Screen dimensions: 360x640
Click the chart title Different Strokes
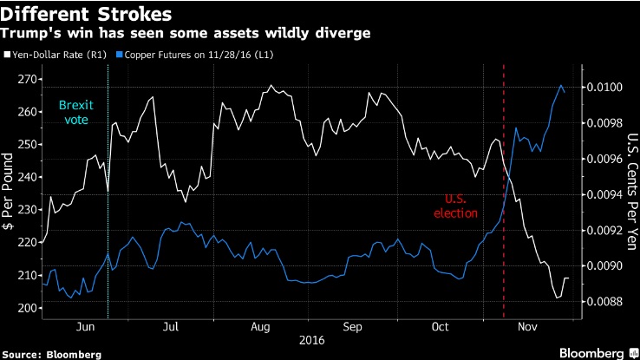(83, 15)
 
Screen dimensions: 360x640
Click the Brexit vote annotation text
(75, 111)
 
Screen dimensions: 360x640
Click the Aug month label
(259, 328)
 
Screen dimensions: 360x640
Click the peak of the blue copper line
(560, 85)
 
